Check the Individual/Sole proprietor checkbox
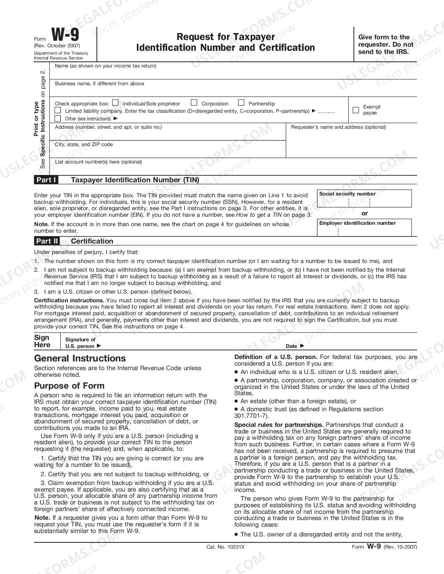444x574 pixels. (x=115, y=103)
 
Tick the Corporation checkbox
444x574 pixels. (x=194, y=103)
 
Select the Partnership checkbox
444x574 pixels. (x=241, y=103)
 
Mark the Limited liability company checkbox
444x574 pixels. (x=58, y=110)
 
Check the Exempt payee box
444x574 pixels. (x=356, y=110)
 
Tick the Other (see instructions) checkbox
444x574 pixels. (x=58, y=118)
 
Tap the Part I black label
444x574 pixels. (x=46, y=180)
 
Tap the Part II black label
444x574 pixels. (x=47, y=241)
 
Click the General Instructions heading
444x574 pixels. (x=80, y=358)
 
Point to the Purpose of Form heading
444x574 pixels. (x=69, y=385)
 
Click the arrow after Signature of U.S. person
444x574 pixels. (x=99, y=346)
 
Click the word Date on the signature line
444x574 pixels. (x=291, y=346)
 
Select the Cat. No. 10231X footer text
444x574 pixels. (x=225, y=547)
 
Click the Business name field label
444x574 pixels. (x=99, y=83)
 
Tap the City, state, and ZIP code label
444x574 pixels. (x=84, y=144)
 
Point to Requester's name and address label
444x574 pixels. (x=338, y=127)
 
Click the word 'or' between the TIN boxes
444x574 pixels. (x=364, y=213)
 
